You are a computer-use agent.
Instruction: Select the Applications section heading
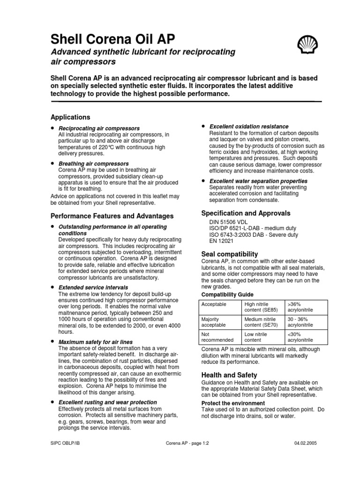click(70, 117)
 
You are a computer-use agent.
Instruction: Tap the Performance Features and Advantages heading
click(112, 216)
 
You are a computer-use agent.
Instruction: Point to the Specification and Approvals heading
click(246, 213)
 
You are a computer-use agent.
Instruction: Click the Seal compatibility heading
click(229, 254)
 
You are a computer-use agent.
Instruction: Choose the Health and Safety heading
click(229, 375)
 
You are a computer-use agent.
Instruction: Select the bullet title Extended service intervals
click(93, 287)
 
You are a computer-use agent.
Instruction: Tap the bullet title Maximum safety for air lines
click(95, 342)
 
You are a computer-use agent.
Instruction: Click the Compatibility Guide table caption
click(227, 294)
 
